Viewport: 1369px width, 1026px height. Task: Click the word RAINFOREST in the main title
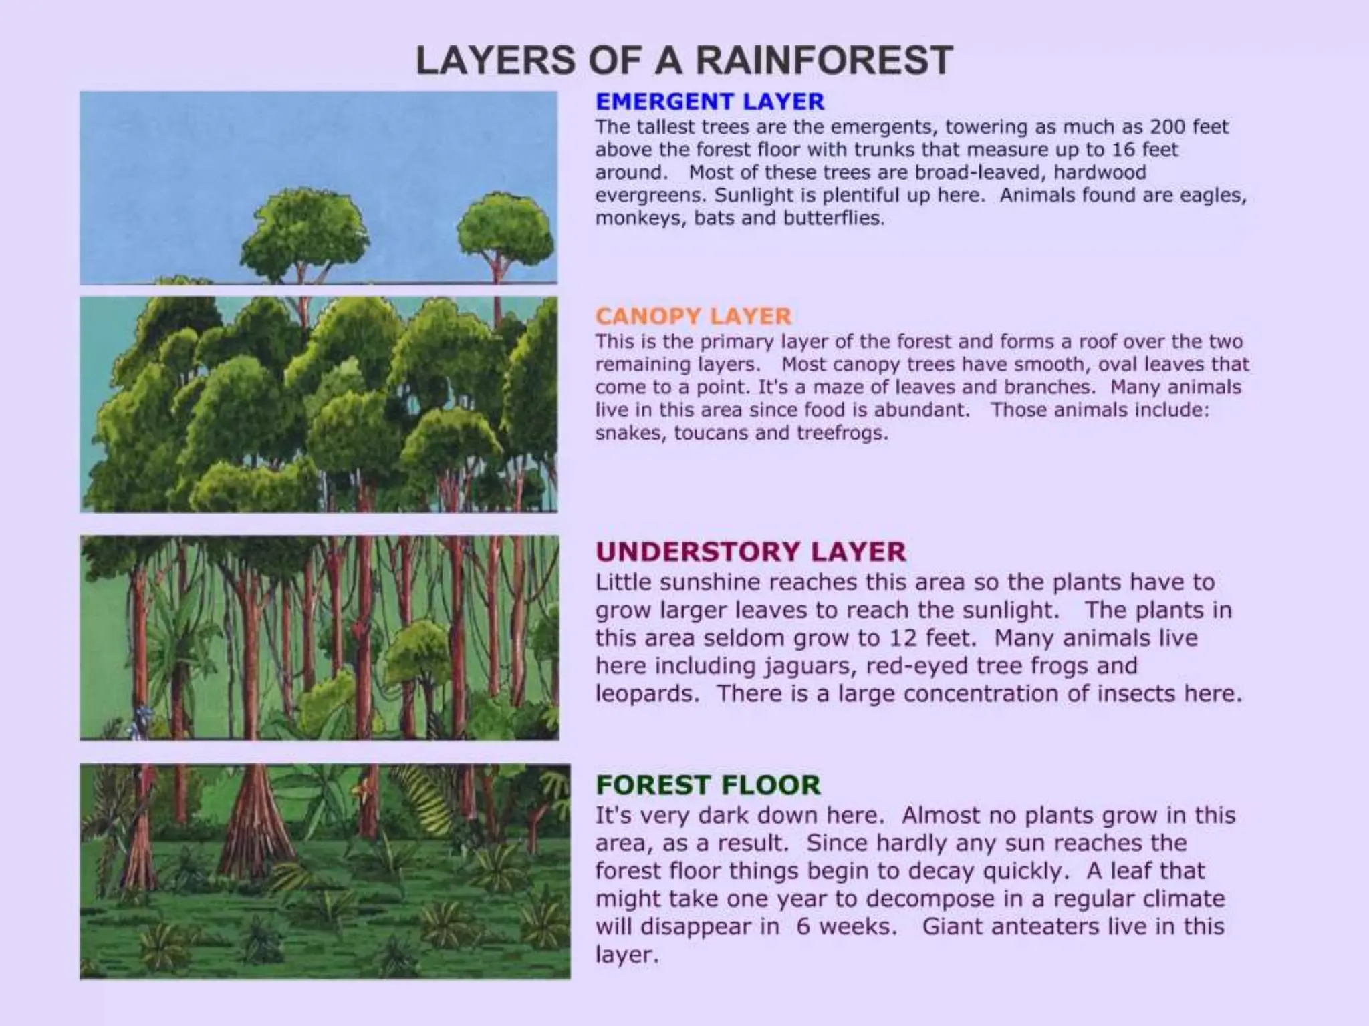click(824, 61)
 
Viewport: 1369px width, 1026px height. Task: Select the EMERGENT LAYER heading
click(710, 102)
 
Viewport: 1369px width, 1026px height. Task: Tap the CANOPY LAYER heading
click(693, 316)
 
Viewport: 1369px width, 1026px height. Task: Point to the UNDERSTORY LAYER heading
click(751, 552)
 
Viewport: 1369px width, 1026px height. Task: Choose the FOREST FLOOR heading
click(708, 785)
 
